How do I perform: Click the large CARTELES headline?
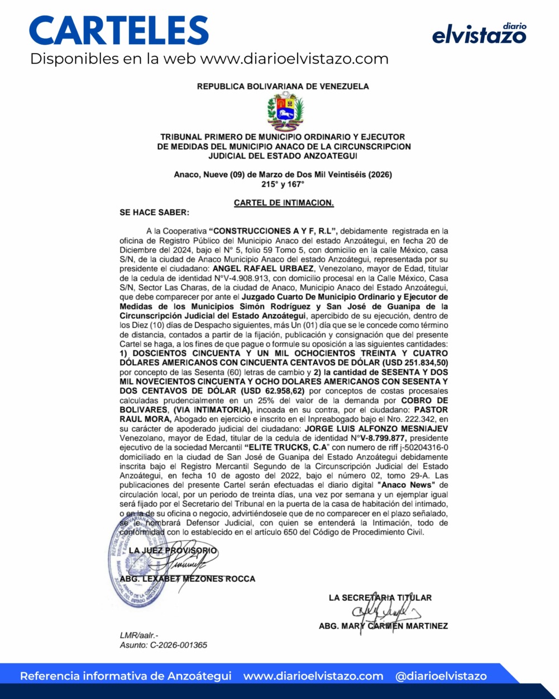119,31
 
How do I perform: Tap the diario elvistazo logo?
479,34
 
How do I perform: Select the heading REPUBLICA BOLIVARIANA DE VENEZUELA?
283,87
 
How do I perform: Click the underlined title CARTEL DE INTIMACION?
284,203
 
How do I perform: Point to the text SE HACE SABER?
155,212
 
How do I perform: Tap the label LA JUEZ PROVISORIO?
173,550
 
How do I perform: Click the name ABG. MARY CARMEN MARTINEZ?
383,626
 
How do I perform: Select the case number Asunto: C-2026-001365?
164,645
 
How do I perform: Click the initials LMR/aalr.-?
139,635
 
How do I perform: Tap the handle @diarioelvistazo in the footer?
441,676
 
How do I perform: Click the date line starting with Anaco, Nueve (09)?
283,174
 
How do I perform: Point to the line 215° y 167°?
283,184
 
